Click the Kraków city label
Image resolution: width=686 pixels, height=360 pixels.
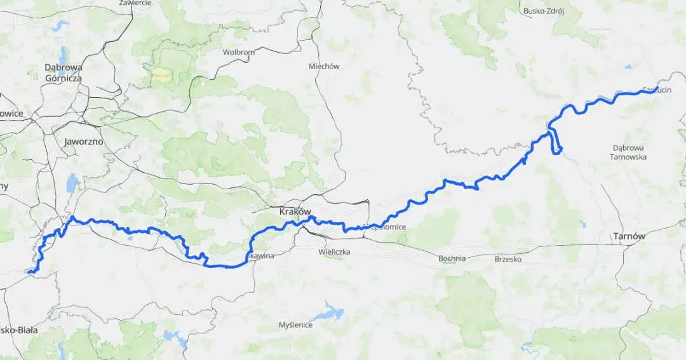(295, 211)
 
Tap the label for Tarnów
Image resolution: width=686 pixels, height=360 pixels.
(629, 236)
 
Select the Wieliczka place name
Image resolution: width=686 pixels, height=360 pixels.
(333, 252)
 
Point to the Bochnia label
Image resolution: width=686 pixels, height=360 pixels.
(452, 258)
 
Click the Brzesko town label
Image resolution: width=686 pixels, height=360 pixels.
(508, 259)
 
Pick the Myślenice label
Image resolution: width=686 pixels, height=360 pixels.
(296, 325)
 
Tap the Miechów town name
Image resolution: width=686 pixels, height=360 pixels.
(324, 66)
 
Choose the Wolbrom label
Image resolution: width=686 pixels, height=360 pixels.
(238, 52)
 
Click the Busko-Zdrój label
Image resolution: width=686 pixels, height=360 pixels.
(543, 11)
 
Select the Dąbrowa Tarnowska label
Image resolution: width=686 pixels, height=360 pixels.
(628, 152)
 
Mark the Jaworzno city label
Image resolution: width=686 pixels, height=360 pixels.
(83, 142)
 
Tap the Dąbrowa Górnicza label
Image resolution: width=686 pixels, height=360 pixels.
(63, 72)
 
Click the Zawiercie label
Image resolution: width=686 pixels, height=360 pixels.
(135, 3)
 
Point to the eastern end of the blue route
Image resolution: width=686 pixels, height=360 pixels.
(656, 90)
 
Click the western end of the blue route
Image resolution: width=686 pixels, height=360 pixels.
(29, 272)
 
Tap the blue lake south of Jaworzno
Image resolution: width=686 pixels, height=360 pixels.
(72, 184)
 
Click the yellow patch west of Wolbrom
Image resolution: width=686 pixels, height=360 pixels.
(160, 76)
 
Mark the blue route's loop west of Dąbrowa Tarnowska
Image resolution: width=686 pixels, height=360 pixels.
(556, 142)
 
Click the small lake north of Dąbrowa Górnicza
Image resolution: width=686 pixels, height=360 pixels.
(61, 25)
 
